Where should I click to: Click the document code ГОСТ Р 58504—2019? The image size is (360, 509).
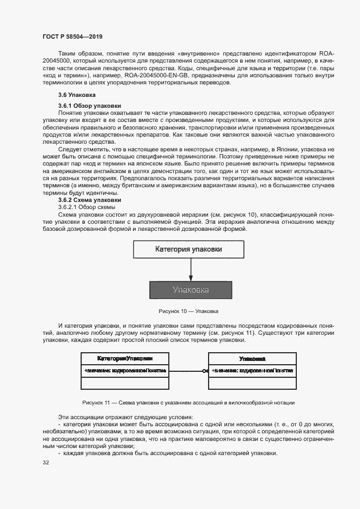[x=72, y=36]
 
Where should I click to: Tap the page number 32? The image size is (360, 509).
[x=45, y=463]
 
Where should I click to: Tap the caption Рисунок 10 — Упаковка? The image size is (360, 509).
[x=188, y=311]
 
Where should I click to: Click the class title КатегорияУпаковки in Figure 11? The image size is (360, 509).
[x=125, y=359]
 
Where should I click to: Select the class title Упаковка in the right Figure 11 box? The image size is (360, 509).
[x=252, y=359]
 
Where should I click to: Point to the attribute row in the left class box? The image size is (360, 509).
[x=125, y=370]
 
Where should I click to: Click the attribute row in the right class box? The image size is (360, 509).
[x=252, y=370]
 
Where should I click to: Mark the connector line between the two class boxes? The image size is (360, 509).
[x=187, y=371]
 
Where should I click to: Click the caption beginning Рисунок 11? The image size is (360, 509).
[x=188, y=402]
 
